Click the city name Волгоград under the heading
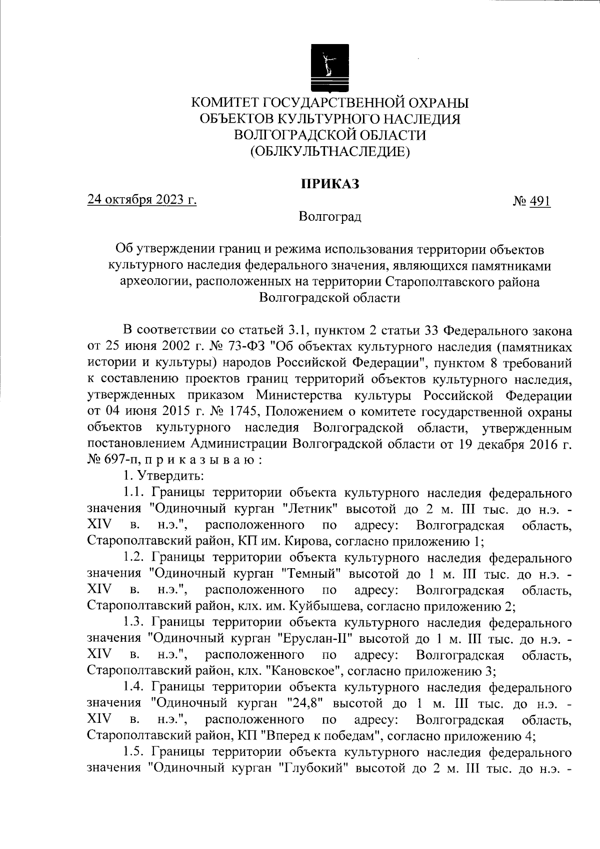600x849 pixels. pos(329,217)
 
